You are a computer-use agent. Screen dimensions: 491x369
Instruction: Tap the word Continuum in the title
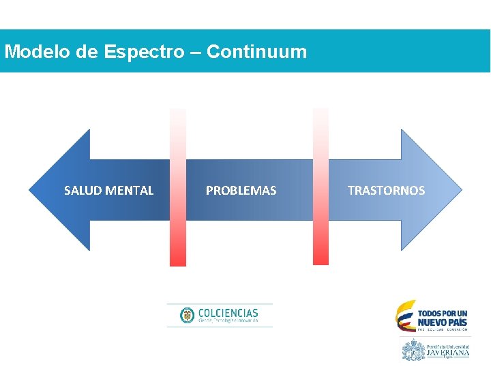pos(256,52)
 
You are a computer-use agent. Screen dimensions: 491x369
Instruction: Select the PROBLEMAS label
pos(241,191)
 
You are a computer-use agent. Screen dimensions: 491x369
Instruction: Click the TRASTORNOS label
pos(386,191)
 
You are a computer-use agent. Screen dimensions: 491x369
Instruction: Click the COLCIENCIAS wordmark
pos(228,312)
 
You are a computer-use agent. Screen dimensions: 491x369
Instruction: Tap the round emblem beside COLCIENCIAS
pos(187,315)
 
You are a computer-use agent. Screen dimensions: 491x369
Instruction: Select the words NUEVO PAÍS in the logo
pos(443,322)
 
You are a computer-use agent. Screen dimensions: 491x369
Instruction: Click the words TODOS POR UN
pos(443,312)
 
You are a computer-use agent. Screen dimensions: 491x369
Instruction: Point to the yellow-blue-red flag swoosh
pos(406,316)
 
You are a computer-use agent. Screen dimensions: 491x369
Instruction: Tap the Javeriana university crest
pos(413,350)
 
